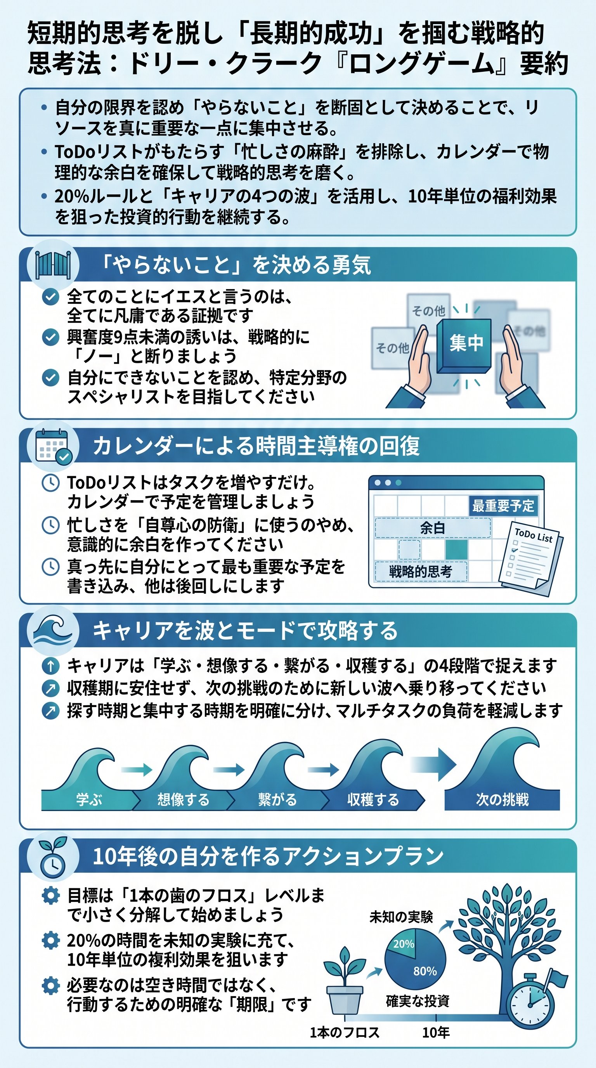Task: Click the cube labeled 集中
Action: [465, 344]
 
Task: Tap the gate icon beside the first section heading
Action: [53, 265]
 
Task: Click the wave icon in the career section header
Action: [53, 631]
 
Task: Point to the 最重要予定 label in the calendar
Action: [503, 506]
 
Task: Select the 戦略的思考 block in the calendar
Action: [420, 572]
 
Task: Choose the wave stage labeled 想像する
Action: [183, 799]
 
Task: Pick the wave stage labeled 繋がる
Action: [277, 799]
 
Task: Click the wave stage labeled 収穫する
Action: [372, 799]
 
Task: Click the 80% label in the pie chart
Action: [425, 971]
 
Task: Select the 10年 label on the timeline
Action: [436, 1032]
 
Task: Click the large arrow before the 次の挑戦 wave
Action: [435, 765]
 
